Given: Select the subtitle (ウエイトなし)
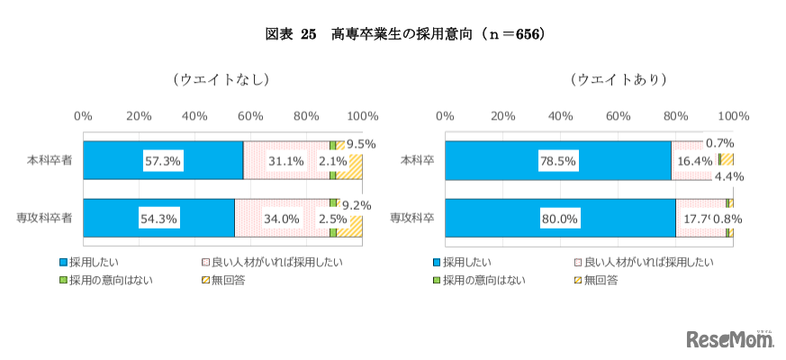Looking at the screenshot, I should tap(221, 79).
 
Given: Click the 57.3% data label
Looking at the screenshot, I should tap(163, 161).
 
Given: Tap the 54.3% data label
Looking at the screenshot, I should tap(158, 218).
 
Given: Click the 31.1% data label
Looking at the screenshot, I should tap(287, 161).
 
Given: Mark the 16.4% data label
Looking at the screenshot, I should tap(693, 160).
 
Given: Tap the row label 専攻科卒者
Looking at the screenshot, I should tap(44, 217).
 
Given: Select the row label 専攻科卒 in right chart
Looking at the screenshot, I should tap(411, 217).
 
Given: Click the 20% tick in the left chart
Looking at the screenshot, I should tap(139, 116).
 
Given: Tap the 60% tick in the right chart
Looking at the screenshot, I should tap(617, 116).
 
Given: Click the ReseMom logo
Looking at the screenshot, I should tap(729, 339).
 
